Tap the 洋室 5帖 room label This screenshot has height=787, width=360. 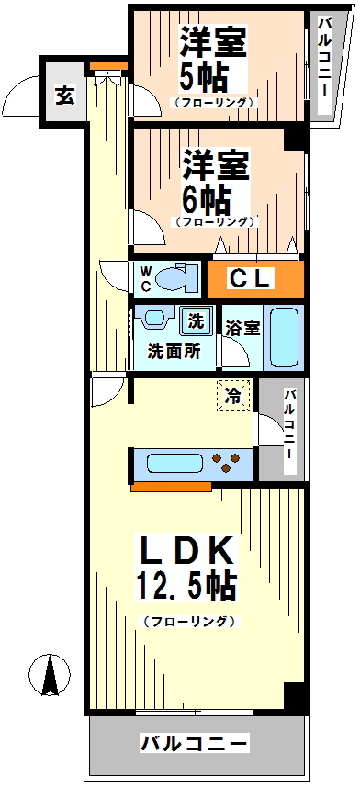214,59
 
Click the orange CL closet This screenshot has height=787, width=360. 253,279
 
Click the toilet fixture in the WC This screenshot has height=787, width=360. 177,277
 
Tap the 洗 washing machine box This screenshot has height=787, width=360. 195,321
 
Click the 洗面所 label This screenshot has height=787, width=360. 174,352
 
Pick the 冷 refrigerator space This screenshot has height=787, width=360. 234,397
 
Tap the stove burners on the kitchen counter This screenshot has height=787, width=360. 227,462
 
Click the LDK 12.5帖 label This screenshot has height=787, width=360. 186,568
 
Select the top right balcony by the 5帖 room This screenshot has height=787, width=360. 324,66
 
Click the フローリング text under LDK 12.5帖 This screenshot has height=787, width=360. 188,622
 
